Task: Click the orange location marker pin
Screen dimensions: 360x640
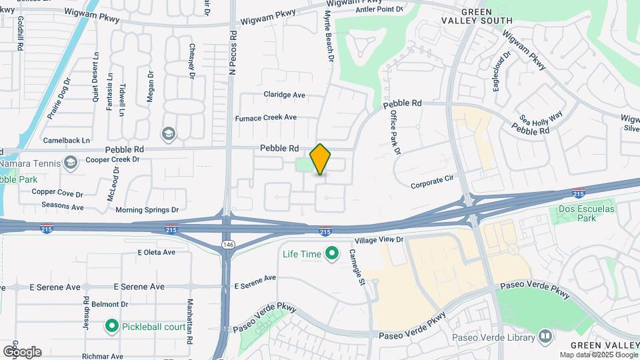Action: (320, 159)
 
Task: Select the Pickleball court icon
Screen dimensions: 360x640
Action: (112, 327)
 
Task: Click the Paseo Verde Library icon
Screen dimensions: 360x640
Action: (545, 337)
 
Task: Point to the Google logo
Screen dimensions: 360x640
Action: (22, 351)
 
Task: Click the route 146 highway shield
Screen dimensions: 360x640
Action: (229, 245)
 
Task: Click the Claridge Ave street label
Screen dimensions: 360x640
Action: (284, 95)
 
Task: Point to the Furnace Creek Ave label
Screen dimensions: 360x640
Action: (266, 117)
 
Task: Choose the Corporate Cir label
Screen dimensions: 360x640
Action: (432, 181)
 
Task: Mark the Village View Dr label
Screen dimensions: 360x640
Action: (379, 239)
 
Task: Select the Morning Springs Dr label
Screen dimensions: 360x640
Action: (147, 209)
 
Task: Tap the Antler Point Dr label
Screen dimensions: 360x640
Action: (380, 9)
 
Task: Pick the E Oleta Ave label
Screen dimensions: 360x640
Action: (156, 253)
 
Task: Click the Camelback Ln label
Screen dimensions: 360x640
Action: (67, 141)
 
